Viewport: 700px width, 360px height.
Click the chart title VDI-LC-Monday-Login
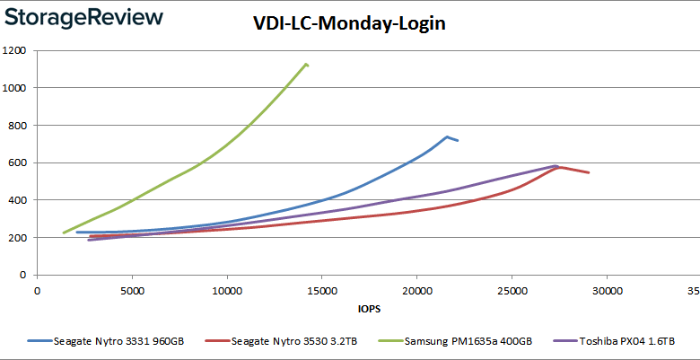(x=349, y=24)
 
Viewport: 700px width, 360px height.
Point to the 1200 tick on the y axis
(x=13, y=51)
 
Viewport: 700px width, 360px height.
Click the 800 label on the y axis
(x=16, y=126)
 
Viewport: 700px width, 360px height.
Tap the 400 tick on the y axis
(x=16, y=200)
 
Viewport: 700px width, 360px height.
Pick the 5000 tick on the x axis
(x=132, y=291)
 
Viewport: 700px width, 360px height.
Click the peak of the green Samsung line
(x=306, y=64)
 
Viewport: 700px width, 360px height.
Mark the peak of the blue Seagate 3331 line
(x=447, y=136)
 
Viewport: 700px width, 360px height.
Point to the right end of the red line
(x=589, y=172)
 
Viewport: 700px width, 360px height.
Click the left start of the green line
(x=63, y=233)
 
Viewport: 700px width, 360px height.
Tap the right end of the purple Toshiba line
(x=558, y=166)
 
